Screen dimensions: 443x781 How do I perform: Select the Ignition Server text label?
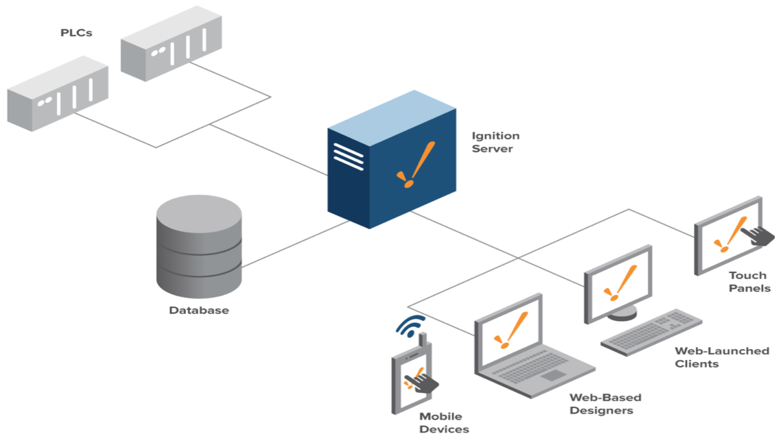click(496, 142)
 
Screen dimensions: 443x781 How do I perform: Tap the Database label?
click(199, 310)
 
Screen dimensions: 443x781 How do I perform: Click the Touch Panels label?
click(749, 282)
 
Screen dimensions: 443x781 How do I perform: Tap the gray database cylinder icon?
click(199, 243)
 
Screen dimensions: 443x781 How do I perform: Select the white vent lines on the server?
click(348, 156)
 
